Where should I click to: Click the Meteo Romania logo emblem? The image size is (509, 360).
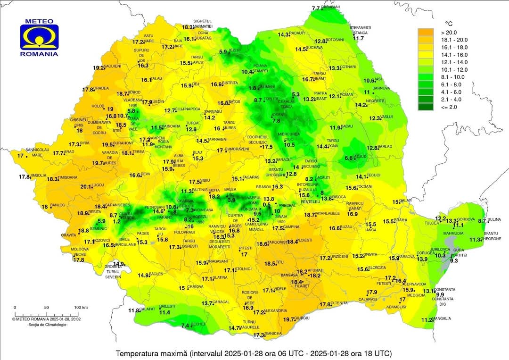pyautogui.click(x=39, y=37)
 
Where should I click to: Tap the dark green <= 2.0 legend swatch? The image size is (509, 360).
pyautogui.click(x=426, y=107)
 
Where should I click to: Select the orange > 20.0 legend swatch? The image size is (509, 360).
pyautogui.click(x=426, y=32)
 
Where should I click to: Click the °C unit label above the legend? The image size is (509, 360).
pyautogui.click(x=449, y=24)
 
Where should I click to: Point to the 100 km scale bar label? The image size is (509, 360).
pyautogui.click(x=78, y=308)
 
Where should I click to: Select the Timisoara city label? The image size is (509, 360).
pyautogui.click(x=67, y=178)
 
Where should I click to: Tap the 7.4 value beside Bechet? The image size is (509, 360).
pyautogui.click(x=185, y=326)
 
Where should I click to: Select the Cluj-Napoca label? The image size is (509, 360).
pyautogui.click(x=189, y=109)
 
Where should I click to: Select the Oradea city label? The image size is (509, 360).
pyautogui.click(x=101, y=88)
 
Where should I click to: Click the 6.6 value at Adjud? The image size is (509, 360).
pyautogui.click(x=349, y=158)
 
